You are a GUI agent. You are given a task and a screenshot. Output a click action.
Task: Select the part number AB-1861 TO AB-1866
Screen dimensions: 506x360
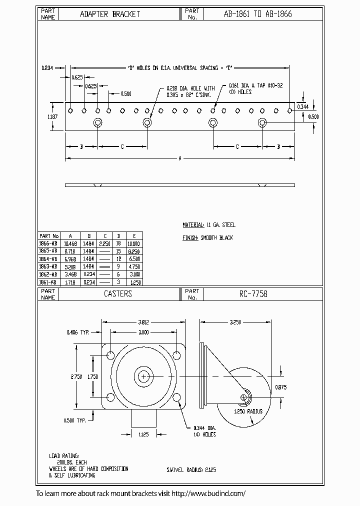tap(258, 14)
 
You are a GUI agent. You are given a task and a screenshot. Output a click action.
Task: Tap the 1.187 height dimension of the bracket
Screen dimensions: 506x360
tap(44, 116)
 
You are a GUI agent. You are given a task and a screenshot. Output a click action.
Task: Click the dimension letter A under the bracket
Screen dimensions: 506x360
tap(179, 158)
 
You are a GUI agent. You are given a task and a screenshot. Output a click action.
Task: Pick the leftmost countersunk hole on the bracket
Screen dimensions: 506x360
tap(97, 123)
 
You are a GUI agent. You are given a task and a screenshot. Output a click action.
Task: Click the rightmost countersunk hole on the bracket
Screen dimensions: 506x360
tap(262, 123)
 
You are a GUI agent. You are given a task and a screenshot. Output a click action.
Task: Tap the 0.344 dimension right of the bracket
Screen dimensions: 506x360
tap(302, 106)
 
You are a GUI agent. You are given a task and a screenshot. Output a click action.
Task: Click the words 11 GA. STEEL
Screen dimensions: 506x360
tap(220, 225)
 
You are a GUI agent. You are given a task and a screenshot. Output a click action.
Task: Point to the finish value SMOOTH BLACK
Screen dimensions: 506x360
tap(216, 237)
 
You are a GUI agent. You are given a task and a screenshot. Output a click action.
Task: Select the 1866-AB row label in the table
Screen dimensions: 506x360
tap(48, 243)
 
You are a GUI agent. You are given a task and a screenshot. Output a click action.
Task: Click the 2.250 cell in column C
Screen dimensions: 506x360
tap(104, 243)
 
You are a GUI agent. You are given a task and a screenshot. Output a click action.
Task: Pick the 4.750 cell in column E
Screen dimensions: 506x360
tap(133, 266)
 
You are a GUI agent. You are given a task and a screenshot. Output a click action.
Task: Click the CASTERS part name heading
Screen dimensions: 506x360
tap(117, 294)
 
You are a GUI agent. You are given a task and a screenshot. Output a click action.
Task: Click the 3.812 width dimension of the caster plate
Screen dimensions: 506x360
tap(144, 322)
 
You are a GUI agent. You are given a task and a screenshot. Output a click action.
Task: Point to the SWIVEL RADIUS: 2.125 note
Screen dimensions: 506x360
tap(192, 470)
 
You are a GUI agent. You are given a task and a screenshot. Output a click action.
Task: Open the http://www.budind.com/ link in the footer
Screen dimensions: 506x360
tap(208, 493)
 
